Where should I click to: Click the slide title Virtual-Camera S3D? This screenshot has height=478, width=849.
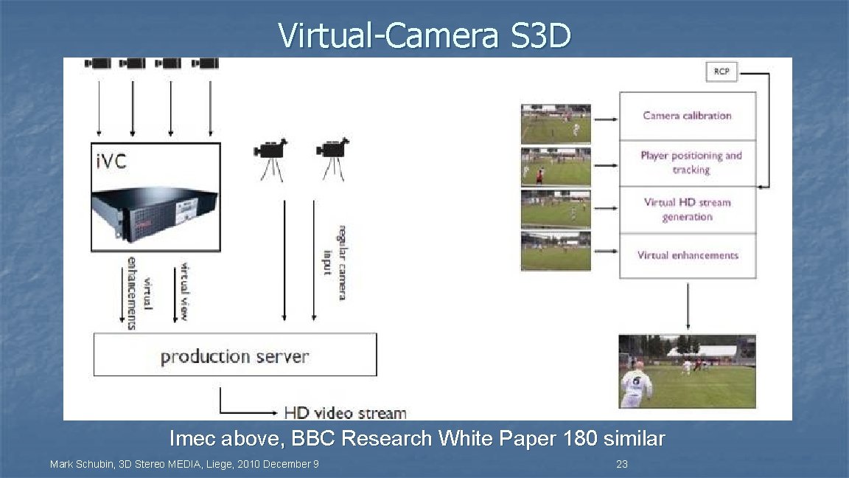point(424,35)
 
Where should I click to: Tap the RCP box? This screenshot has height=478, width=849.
point(722,72)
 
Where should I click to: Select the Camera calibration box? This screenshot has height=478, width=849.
point(687,116)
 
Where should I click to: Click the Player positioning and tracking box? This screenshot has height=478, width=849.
point(691,163)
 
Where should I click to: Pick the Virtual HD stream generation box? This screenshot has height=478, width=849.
point(688,209)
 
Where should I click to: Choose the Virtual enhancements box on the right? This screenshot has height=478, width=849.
point(688,255)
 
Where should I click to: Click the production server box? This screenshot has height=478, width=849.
point(235,356)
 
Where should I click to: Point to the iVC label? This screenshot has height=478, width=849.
point(112,162)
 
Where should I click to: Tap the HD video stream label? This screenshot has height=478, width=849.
point(345,412)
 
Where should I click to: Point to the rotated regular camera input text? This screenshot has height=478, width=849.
point(334,262)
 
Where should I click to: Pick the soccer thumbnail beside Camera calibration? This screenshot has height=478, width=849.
point(556,124)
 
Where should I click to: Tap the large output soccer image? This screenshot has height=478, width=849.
point(687,371)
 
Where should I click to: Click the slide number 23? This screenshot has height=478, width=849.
point(621,465)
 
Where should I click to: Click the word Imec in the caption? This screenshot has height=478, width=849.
point(190,439)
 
